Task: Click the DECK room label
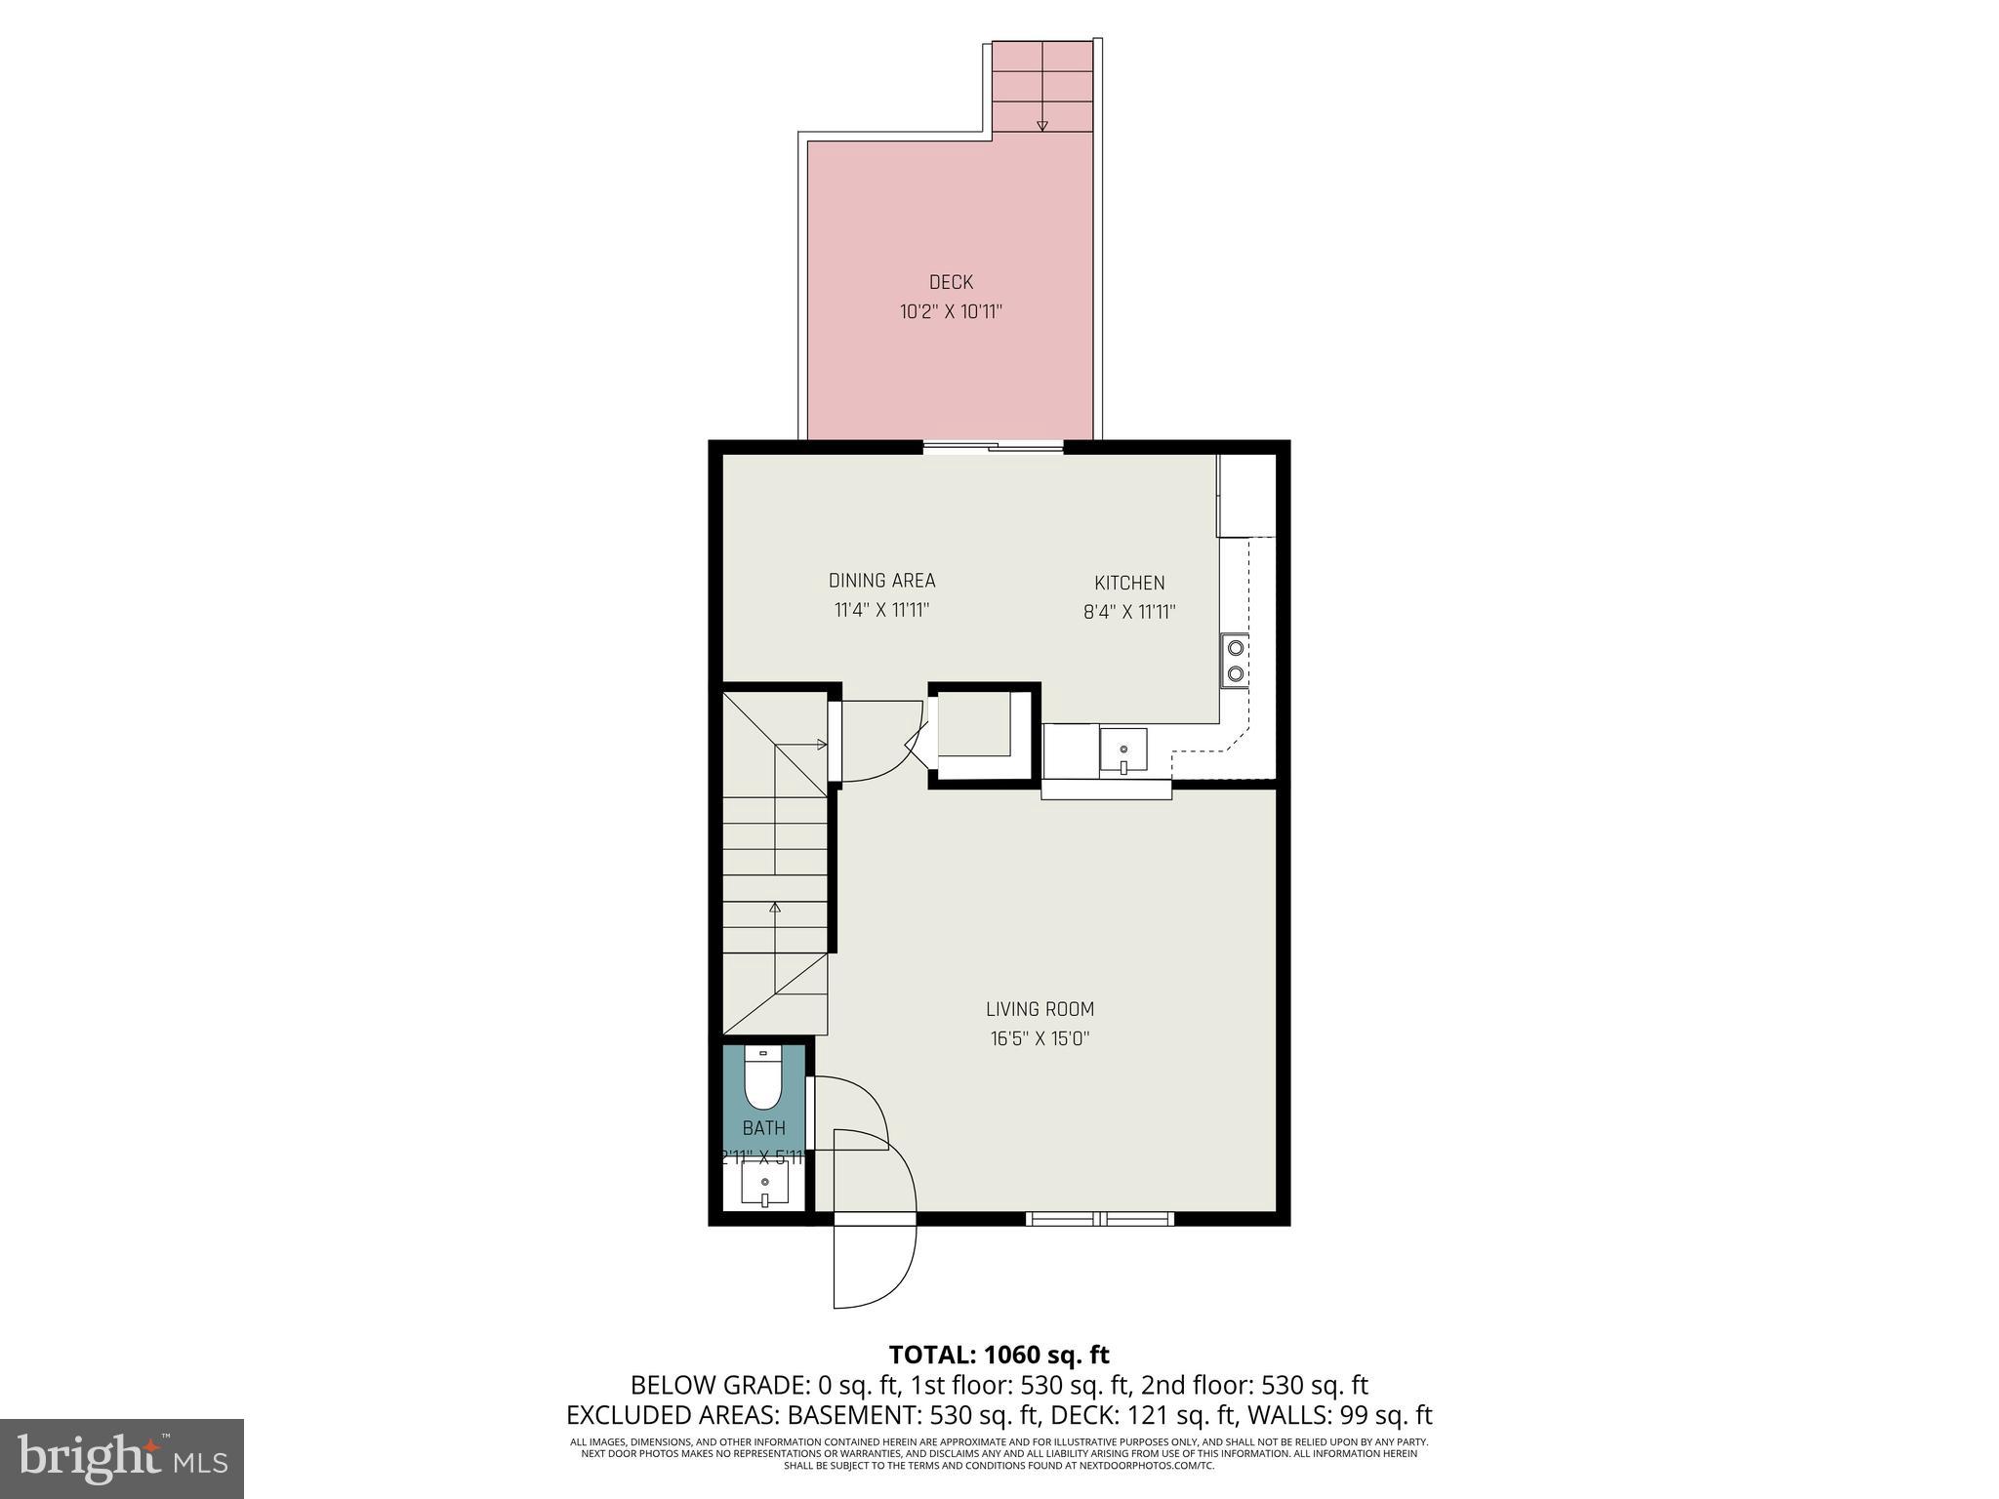(x=951, y=282)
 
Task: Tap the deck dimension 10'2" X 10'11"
(x=951, y=312)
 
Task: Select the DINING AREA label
(x=881, y=581)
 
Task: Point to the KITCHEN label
(x=1129, y=583)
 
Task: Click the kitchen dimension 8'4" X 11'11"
(x=1129, y=613)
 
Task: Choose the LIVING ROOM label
(x=1040, y=1009)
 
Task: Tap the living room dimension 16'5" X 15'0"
(x=1040, y=1039)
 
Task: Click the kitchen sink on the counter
(x=1123, y=749)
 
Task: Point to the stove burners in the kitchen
(x=1235, y=660)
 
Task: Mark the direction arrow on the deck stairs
(x=1041, y=124)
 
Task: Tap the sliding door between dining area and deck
(x=993, y=448)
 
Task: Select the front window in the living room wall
(x=1100, y=1218)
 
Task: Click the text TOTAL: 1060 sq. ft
(x=999, y=1355)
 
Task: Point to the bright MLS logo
(x=122, y=1458)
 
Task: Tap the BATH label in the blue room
(x=763, y=1128)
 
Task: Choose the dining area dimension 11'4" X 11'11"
(x=881, y=611)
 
